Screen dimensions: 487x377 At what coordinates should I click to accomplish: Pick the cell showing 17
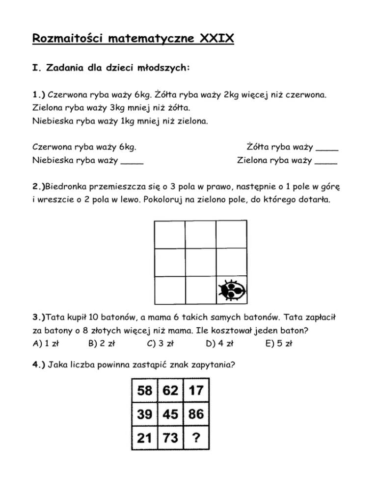(x=195, y=392)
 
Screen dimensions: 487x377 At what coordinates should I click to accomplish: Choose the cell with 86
(x=195, y=414)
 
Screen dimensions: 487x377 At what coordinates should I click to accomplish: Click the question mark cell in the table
(x=195, y=438)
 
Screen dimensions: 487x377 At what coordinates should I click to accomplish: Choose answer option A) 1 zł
(x=45, y=343)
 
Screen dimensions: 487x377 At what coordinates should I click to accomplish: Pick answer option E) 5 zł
(x=278, y=343)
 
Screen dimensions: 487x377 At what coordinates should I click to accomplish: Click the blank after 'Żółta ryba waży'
(x=327, y=148)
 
